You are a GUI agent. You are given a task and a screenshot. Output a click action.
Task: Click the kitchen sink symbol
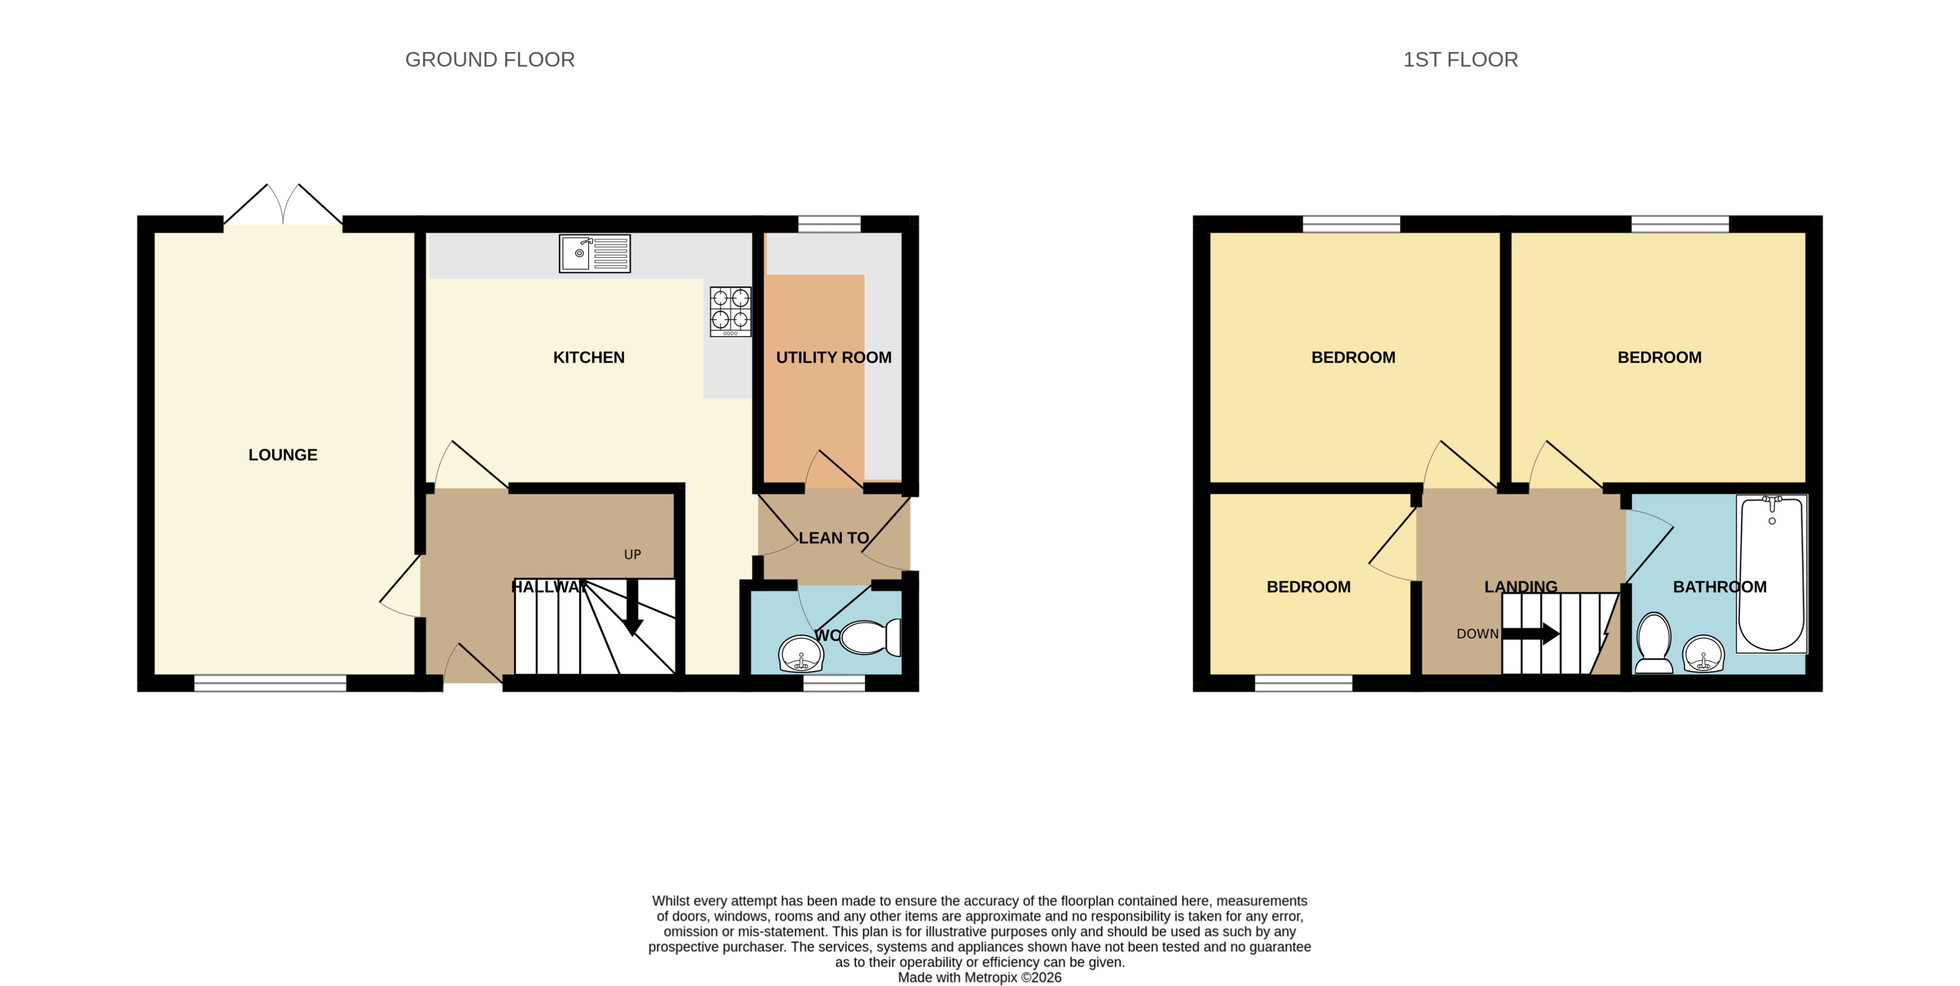[x=594, y=253]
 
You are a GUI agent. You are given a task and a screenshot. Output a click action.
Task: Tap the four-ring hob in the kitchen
[x=730, y=311]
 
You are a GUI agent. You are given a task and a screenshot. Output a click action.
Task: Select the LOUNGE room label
[x=282, y=455]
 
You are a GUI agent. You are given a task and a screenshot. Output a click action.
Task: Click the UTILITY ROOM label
[x=833, y=357]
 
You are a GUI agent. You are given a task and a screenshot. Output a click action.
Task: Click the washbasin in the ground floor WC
[x=800, y=653]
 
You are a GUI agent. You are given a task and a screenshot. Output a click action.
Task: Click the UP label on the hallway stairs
[x=632, y=554]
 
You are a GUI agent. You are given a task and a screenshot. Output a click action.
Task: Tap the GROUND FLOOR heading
[x=489, y=59]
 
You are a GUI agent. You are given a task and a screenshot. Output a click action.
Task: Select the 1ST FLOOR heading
[x=1459, y=59]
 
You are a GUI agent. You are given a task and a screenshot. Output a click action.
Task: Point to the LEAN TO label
[x=833, y=538]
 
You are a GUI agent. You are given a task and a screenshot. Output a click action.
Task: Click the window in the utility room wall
[x=829, y=223]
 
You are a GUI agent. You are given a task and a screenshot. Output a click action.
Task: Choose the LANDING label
[x=1520, y=586]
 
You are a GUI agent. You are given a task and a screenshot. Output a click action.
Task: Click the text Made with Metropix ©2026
[x=979, y=977]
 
